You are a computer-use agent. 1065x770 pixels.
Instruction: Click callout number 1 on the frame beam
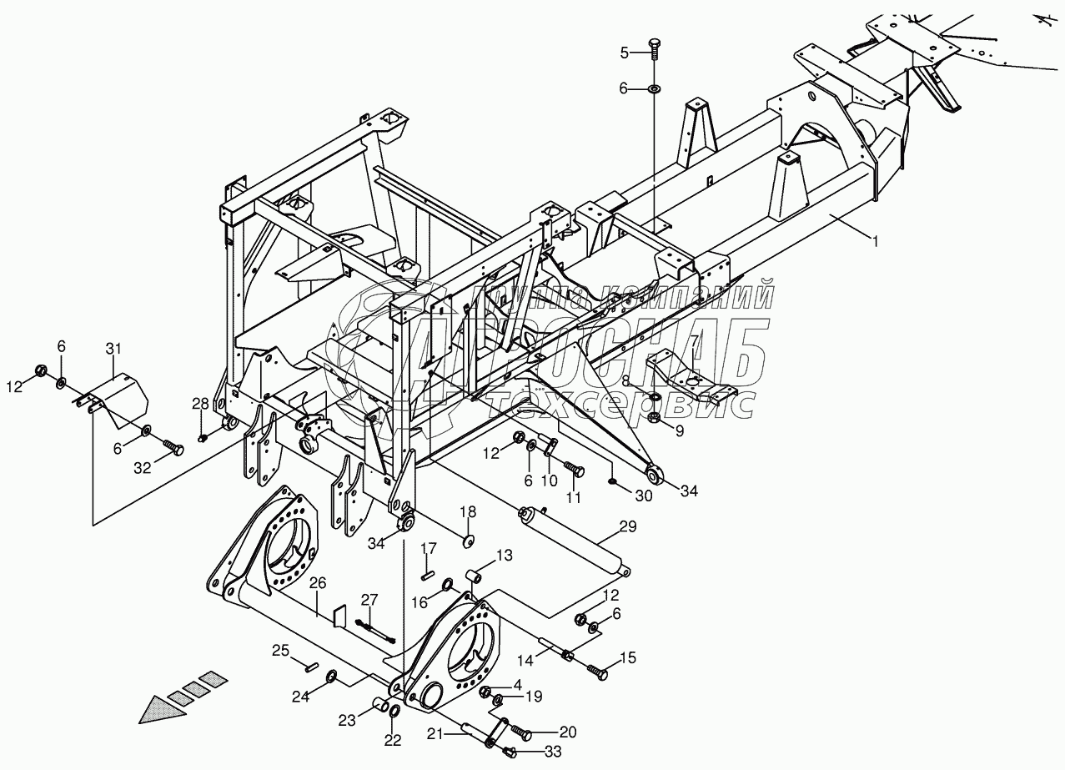pos(875,241)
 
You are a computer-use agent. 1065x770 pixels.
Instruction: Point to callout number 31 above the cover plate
pos(114,348)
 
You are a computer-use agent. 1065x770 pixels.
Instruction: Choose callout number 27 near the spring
pos(369,600)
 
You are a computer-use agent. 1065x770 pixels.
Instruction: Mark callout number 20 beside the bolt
pos(567,732)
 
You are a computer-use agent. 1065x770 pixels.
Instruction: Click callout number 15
pos(627,658)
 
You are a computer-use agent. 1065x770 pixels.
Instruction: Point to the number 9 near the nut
pos(678,430)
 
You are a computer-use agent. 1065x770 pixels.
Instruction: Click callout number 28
pos(200,405)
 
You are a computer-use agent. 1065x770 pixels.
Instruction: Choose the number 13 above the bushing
pos(505,555)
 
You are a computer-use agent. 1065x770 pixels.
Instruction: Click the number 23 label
pos(346,719)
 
